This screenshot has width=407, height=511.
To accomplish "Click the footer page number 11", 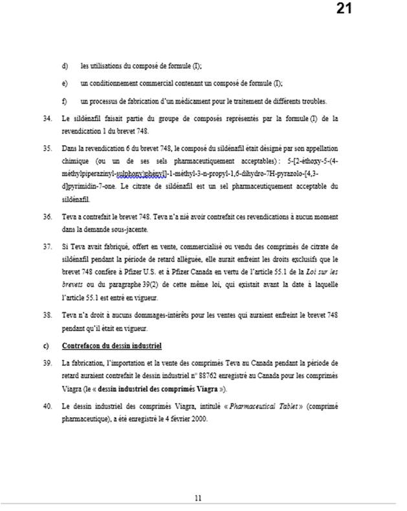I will pyautogui.click(x=199, y=497).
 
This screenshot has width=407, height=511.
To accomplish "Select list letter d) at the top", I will pyautogui.click(x=64, y=66).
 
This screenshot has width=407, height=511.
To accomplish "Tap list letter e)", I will pyautogui.click(x=64, y=84).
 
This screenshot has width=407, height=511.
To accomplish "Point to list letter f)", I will pyautogui.click(x=64, y=101).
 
